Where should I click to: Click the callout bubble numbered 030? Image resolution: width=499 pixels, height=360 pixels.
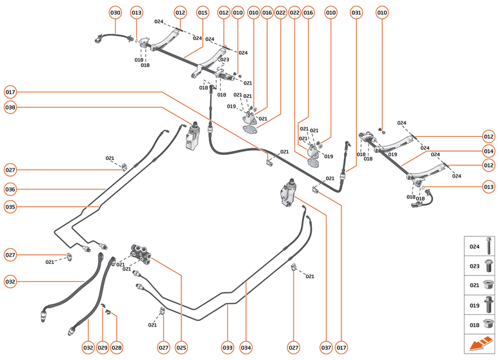pos(115,12)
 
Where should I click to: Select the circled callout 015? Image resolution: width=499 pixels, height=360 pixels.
pos(203,12)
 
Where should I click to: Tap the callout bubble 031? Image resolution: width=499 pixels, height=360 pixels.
pos(356,12)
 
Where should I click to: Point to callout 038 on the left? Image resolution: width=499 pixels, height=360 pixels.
pos(10,108)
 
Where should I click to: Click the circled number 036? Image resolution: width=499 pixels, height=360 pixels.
pos(10,190)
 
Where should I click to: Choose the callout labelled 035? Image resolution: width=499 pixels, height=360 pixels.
pos(10,207)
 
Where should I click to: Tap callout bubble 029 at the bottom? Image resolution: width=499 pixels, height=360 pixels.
pos(103,348)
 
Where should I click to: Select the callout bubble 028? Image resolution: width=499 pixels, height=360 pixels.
pos(117,348)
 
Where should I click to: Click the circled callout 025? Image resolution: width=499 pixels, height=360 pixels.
pos(181,348)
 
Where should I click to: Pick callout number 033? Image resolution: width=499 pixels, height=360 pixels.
pos(227,348)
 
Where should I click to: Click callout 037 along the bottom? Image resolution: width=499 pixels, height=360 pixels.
pos(326,348)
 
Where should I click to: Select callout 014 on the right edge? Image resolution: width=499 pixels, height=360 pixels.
pos(489,151)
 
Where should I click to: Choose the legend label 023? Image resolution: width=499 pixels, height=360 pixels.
pos(474,265)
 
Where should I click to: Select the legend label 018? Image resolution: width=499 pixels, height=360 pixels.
pos(474,325)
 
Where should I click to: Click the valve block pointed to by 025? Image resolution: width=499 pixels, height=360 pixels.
pos(141,253)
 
